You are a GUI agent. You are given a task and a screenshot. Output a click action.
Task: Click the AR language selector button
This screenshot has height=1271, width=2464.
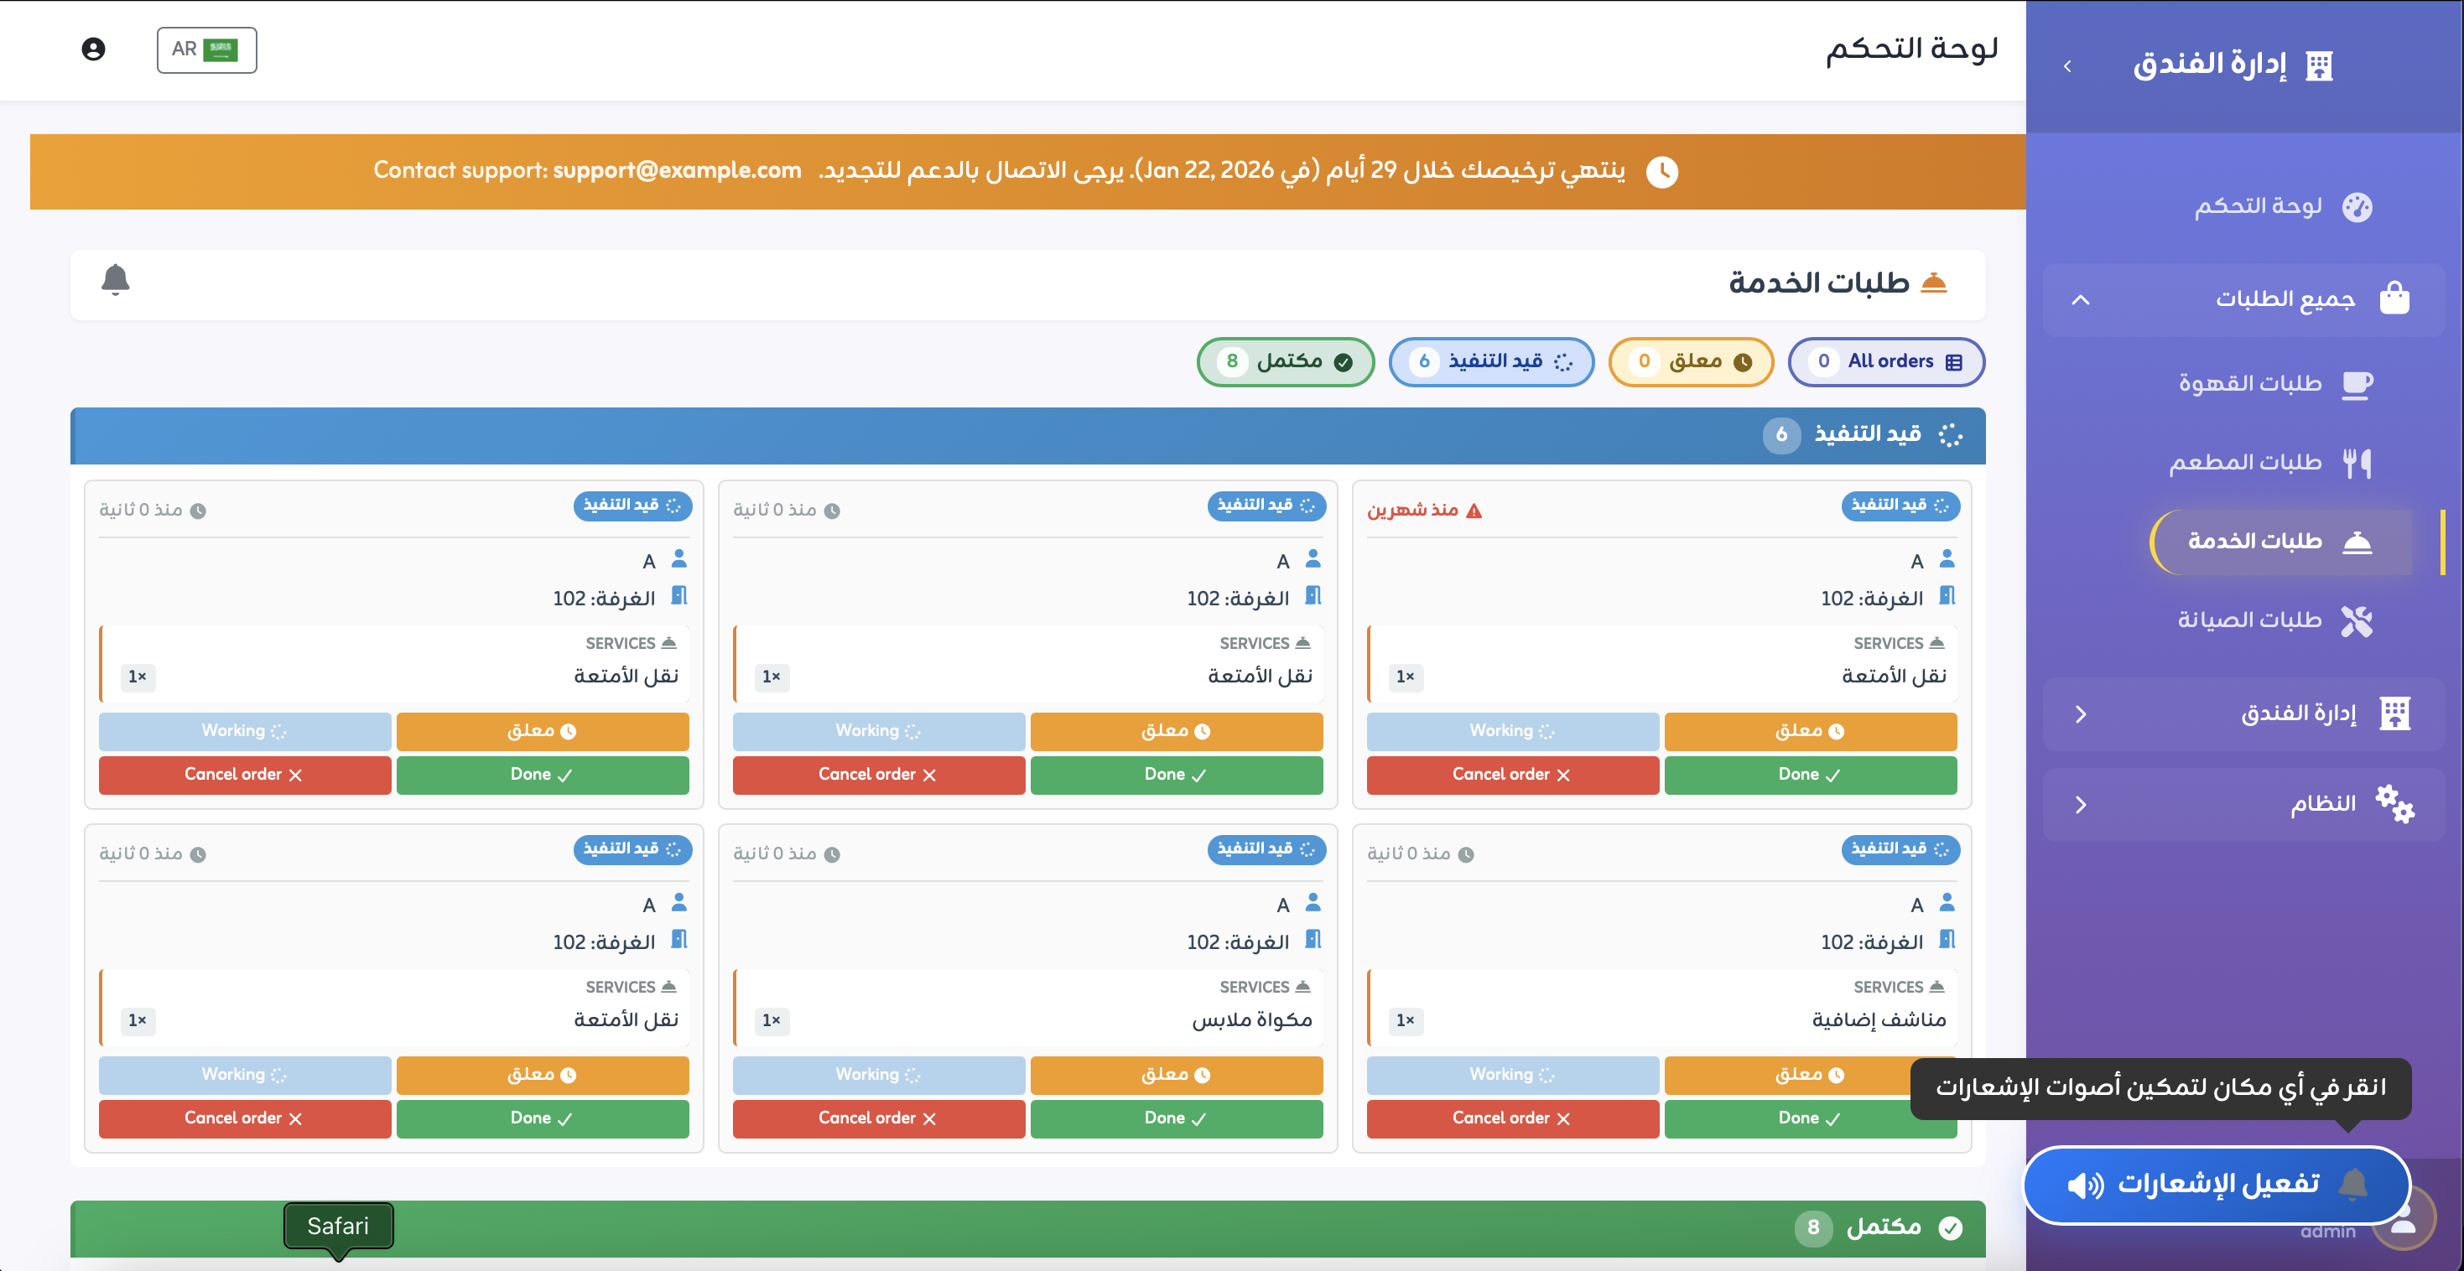206,49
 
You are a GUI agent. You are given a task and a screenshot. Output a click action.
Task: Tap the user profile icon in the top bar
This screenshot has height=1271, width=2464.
93,49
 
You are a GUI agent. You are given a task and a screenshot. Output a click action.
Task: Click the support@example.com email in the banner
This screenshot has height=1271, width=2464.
676,170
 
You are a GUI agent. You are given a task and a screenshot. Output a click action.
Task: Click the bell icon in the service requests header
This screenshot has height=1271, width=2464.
115,279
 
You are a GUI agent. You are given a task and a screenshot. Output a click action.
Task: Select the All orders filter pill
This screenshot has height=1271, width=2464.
1885,361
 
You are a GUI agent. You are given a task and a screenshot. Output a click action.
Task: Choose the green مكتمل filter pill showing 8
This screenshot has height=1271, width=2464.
1285,361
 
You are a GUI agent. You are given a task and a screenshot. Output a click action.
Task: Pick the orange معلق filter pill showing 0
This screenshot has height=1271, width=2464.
1690,361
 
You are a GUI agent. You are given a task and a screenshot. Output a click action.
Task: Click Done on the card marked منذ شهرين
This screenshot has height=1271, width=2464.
1809,775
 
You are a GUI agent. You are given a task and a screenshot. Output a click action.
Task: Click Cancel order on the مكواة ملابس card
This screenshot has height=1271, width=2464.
878,1118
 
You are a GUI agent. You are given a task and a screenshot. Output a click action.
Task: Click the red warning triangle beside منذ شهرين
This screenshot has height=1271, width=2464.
1474,511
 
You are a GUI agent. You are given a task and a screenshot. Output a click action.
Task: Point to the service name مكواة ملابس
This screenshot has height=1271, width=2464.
1251,1019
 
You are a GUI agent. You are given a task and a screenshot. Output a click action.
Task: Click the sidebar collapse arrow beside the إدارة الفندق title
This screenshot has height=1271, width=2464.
2067,66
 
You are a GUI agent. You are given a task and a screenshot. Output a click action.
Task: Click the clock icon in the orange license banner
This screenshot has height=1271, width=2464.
1661,172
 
